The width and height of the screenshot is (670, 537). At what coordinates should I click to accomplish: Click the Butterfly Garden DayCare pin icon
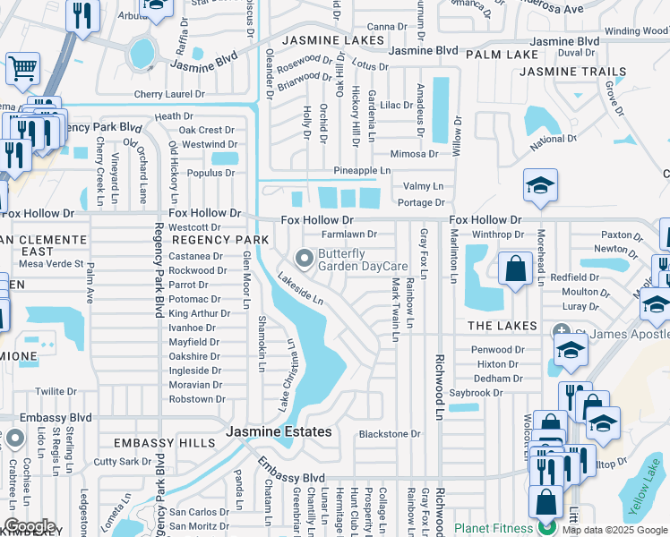[x=305, y=260]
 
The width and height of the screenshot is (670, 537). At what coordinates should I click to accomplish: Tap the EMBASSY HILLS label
[x=158, y=443]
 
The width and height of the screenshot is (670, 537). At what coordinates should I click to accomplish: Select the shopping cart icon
[x=22, y=68]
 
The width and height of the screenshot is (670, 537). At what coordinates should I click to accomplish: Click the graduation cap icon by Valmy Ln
[x=540, y=185]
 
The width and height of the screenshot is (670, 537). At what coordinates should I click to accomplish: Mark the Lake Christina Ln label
[x=289, y=362]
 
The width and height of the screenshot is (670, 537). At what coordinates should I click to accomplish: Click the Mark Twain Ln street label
[x=394, y=309]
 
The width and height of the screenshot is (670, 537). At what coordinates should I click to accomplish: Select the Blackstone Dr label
[x=390, y=434]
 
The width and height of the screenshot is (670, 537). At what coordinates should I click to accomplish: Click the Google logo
[x=30, y=526]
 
